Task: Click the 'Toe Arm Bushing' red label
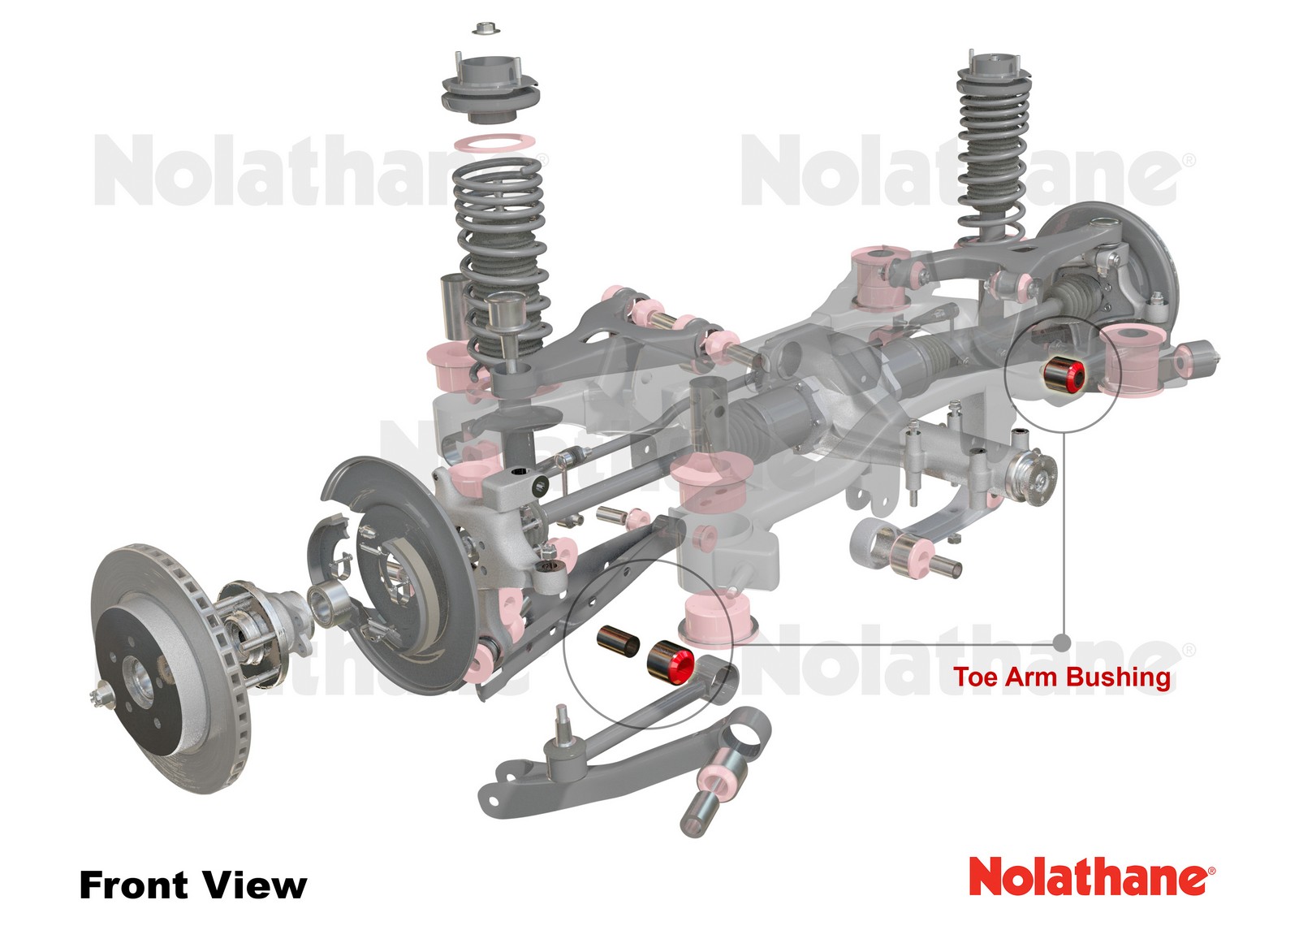1061,677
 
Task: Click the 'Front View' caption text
192,885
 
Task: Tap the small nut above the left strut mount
486,28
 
